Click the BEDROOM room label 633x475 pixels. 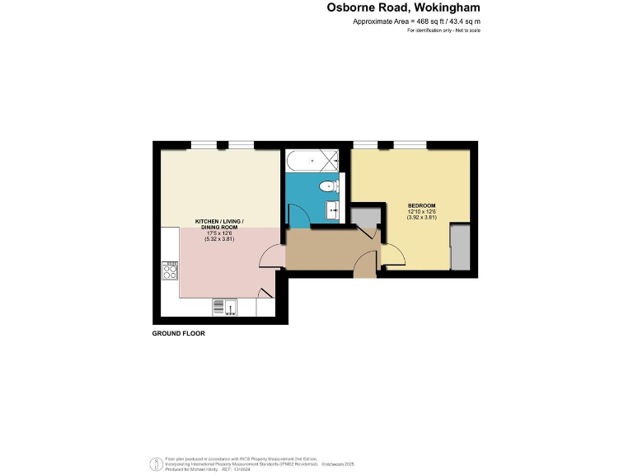coord(421,205)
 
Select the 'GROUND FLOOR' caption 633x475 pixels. coord(178,334)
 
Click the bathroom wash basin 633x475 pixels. coord(334,208)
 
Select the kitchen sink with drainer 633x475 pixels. coord(224,307)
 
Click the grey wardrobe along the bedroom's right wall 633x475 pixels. coord(459,249)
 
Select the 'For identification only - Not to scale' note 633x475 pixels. coord(444,31)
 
